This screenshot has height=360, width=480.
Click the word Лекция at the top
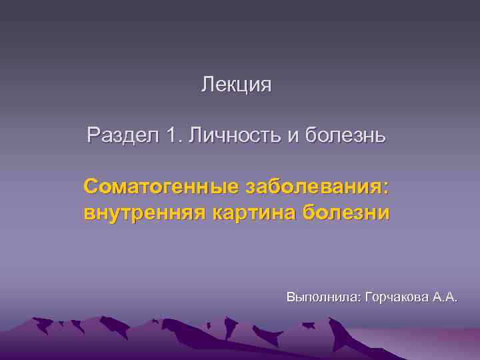[x=237, y=85]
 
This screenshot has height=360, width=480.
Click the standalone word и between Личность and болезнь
[x=293, y=137]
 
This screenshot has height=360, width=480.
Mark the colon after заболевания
[x=386, y=188]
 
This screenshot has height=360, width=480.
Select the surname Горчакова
[x=399, y=297]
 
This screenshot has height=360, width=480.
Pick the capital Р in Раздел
[x=93, y=136]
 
